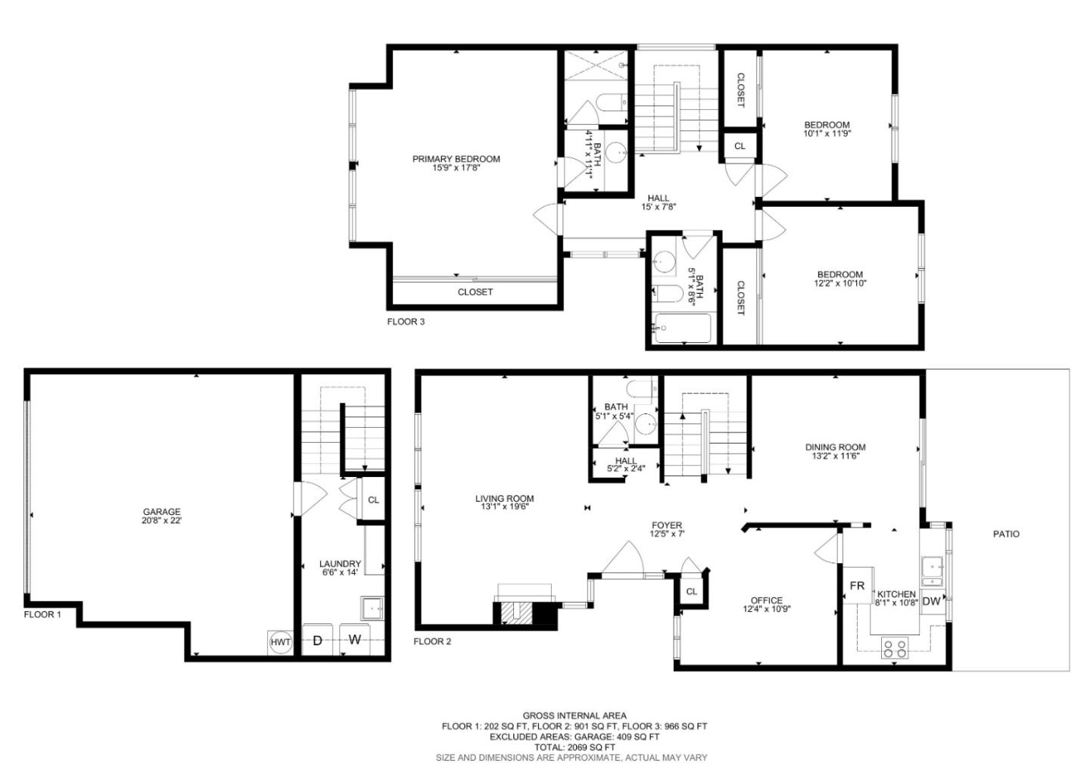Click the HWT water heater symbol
coord(280,642)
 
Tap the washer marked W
coord(354,640)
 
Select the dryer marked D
coord(318,640)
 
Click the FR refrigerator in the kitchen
coord(857,585)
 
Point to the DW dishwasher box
coord(932,601)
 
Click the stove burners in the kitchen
coord(895,647)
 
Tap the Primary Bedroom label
coord(456,159)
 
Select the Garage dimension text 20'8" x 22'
coord(162,521)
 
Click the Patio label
coord(1006,534)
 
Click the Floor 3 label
coord(406,321)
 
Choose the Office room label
coord(767,600)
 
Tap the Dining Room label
coord(835,447)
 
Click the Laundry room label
coord(340,564)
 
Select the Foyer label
coord(667,525)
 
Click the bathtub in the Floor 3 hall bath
coord(683,329)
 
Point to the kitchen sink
coord(932,566)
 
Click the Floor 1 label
coord(42,615)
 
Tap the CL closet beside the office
coord(691,591)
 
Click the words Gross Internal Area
coord(575,715)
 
